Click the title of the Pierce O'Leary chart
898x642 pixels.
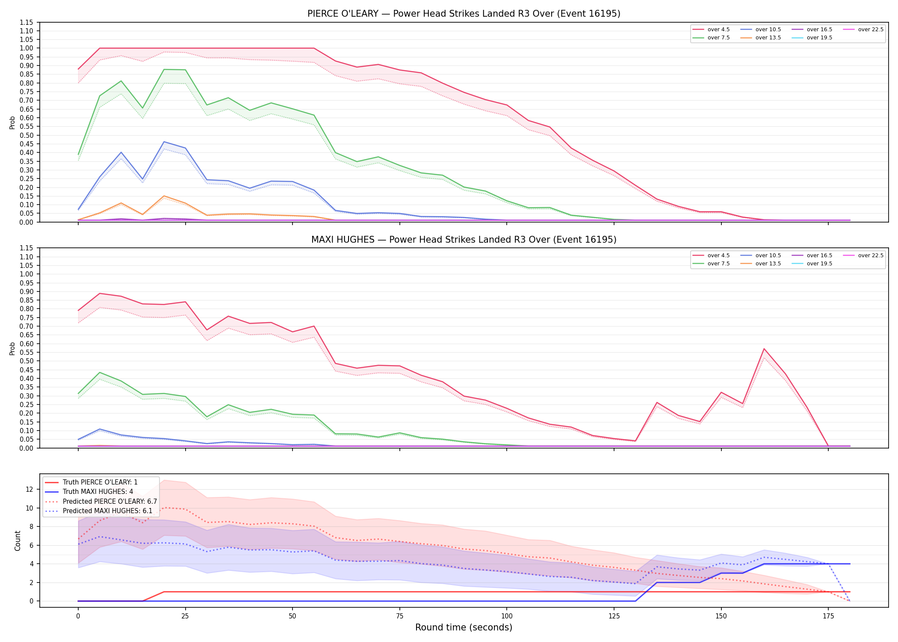coord(464,14)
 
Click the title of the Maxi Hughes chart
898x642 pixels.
coord(464,240)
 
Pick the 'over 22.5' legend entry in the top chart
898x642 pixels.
coord(863,30)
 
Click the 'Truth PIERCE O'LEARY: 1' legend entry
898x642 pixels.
coord(92,482)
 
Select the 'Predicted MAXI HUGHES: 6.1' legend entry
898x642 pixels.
coord(99,511)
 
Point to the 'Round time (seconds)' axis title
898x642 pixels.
coord(464,627)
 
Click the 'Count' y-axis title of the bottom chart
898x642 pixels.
coord(18,541)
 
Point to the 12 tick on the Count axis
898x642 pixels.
coord(30,489)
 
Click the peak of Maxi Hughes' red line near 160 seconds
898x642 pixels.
coord(764,349)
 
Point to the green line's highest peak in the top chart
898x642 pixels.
coord(164,69)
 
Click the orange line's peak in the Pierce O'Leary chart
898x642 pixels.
coord(164,196)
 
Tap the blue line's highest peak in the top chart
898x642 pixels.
coord(164,142)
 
